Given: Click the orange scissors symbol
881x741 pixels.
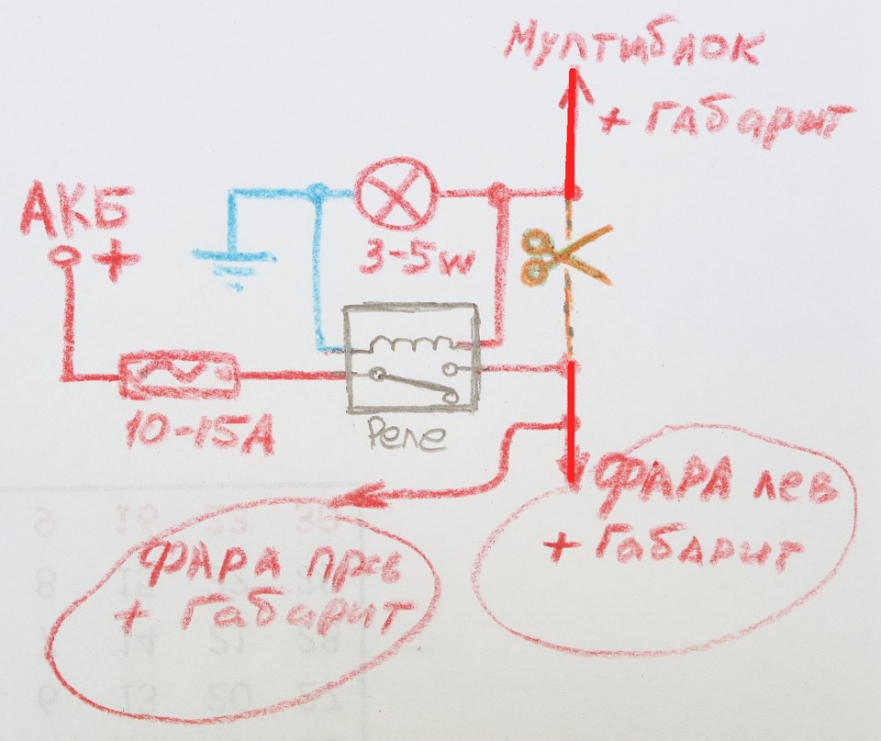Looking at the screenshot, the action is (x=548, y=254).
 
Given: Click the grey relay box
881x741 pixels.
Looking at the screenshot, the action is (x=409, y=360).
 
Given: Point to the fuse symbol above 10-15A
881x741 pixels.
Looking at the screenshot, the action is (x=180, y=376).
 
